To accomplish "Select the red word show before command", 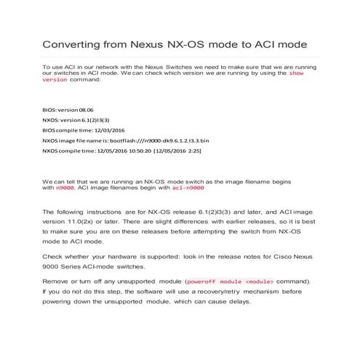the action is tap(297, 73).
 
